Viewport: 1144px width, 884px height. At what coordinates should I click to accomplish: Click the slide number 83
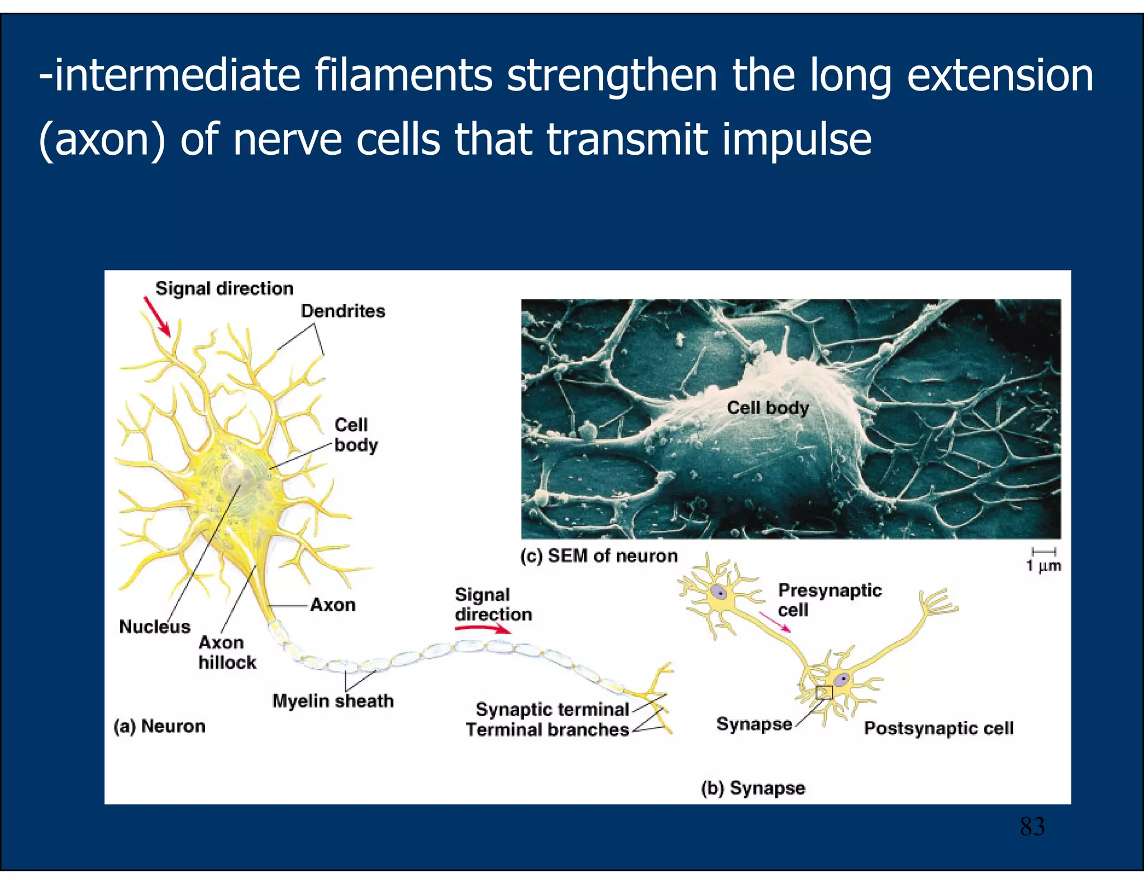tap(1032, 826)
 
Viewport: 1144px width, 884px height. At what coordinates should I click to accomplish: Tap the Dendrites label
tap(342, 311)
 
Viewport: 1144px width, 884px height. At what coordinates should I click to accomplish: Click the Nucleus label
tap(155, 627)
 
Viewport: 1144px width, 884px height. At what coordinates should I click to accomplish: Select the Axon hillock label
tap(227, 652)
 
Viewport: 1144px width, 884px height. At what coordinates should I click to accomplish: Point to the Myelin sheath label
tap(333, 701)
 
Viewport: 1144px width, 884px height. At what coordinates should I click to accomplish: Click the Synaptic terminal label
tap(552, 709)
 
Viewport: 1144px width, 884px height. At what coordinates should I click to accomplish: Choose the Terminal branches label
tap(547, 730)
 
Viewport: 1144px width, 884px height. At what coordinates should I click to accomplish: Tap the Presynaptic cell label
tap(829, 600)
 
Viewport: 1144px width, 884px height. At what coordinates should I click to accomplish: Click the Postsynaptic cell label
tap(938, 728)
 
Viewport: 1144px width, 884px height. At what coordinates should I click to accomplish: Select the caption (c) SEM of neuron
tap(599, 555)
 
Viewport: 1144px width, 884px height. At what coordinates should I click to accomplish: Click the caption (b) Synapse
tap(753, 788)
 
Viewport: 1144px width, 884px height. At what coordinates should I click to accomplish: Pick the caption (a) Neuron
tap(160, 726)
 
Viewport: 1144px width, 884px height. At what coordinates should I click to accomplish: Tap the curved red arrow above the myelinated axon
tap(483, 629)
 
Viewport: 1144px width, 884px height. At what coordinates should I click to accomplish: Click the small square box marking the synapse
tap(824, 692)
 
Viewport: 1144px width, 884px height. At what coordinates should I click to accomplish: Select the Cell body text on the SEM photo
tap(768, 408)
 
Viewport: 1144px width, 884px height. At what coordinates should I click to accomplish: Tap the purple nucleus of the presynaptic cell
tap(719, 592)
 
